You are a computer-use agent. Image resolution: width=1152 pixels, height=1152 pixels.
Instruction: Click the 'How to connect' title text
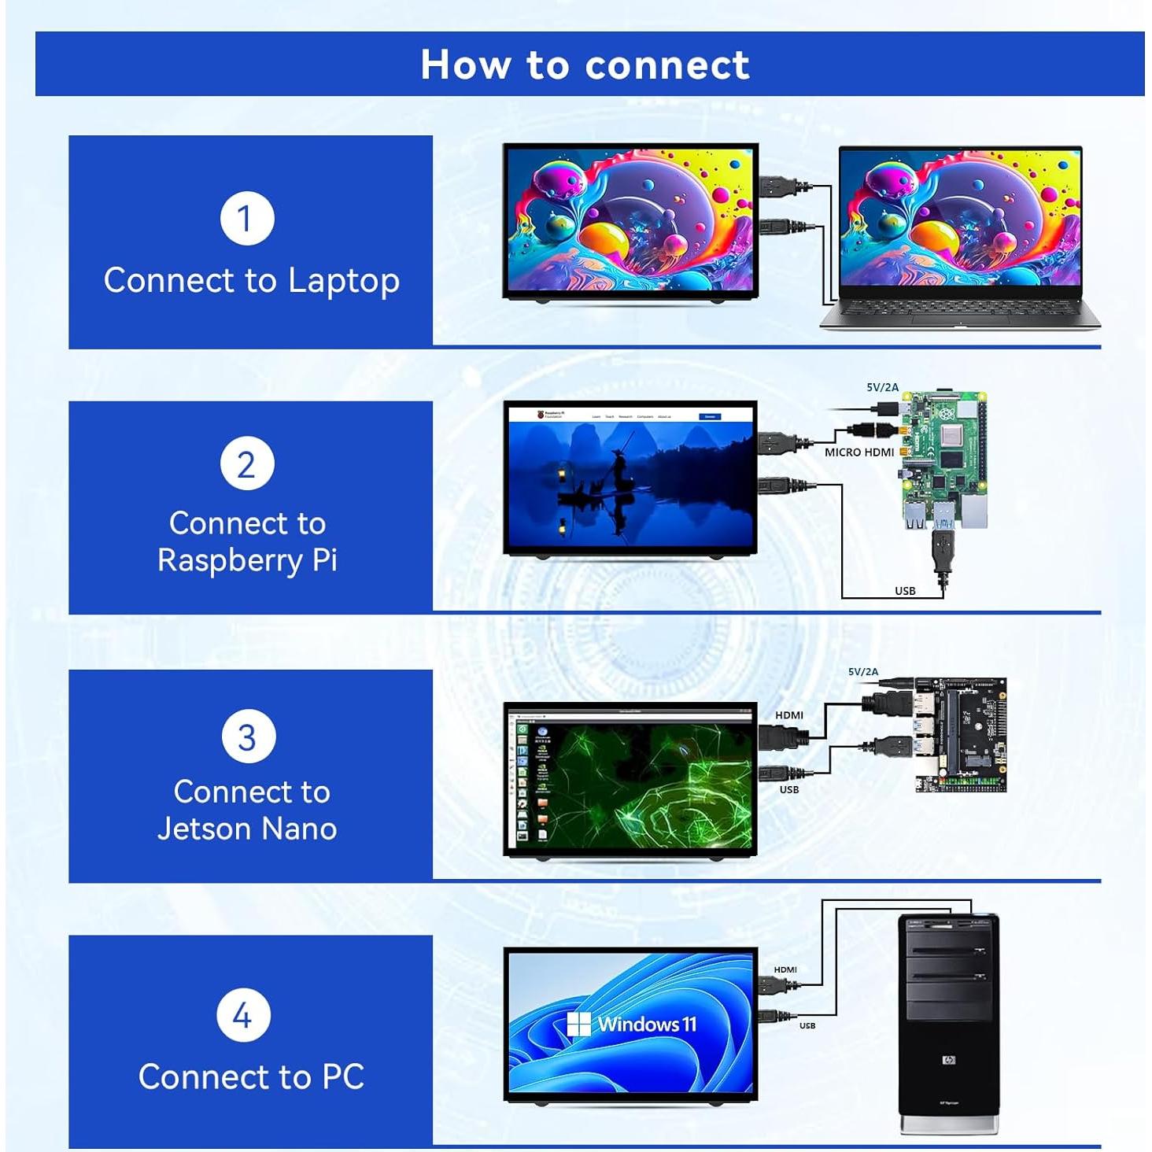(585, 65)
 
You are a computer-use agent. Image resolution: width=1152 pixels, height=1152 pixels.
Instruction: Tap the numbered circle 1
(247, 219)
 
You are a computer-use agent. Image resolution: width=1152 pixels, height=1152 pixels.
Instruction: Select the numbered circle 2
(247, 464)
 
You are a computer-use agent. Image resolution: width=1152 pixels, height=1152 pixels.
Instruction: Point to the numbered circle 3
(247, 737)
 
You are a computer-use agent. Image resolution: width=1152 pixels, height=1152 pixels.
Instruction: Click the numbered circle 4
(243, 1015)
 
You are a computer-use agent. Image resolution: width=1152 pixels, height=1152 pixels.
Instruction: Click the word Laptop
(343, 282)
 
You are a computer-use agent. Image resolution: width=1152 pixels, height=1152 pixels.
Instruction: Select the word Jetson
(204, 829)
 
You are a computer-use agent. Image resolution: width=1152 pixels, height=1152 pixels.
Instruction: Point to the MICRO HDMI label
(858, 452)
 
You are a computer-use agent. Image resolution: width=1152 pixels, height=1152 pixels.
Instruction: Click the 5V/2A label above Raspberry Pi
(882, 387)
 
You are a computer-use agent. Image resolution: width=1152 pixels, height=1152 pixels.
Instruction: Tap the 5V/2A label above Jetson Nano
(862, 671)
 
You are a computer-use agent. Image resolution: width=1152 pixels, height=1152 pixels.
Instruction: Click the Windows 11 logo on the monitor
(632, 1024)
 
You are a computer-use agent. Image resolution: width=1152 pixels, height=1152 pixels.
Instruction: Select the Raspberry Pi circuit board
(943, 460)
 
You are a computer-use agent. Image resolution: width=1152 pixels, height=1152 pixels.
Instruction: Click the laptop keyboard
(960, 312)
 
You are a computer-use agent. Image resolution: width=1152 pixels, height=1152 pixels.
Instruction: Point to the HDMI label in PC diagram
(785, 969)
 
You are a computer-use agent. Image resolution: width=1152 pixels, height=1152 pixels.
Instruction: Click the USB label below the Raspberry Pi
(905, 591)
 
